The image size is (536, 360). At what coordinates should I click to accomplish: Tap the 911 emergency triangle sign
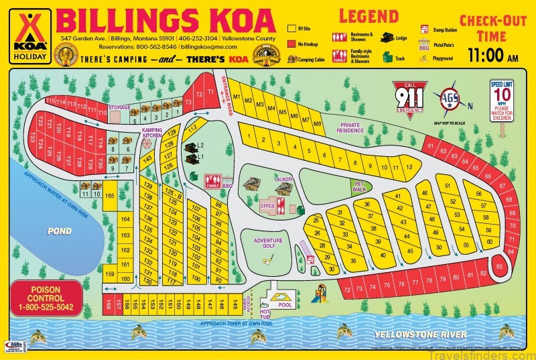409,100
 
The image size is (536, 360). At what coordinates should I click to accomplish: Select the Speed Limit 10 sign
502,101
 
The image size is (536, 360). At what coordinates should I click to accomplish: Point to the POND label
59,231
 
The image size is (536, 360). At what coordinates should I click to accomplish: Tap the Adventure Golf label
268,243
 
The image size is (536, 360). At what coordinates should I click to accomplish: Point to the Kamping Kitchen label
151,133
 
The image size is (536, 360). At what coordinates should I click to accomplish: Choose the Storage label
119,107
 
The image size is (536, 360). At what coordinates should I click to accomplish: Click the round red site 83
498,266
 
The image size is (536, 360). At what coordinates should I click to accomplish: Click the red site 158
107,305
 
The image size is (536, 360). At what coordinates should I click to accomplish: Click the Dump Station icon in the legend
425,29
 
